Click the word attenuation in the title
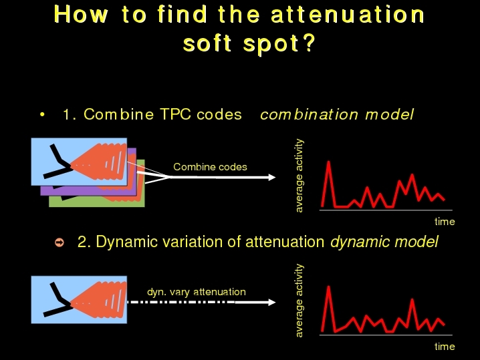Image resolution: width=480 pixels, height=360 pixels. pos(348,15)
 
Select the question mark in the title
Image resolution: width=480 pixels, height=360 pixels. pos(310,43)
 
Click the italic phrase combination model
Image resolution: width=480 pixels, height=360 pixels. pos(337,115)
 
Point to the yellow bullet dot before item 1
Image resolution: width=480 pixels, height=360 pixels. pos(42,115)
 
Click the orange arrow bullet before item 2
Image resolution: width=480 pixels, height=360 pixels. pos(59,242)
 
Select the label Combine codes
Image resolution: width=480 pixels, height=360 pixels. pos(210,167)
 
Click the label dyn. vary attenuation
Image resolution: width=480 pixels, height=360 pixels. pos(197,292)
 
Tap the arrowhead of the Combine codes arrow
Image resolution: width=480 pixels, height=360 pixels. pos(272,177)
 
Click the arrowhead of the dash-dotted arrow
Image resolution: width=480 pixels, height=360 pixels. pos(272,302)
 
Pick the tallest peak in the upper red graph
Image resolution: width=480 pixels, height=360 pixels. pos(329,162)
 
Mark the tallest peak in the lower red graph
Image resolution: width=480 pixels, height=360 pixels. pos(329,287)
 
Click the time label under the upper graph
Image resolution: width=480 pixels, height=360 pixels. pos(445,222)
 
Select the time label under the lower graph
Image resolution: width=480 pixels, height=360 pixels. pos(445,347)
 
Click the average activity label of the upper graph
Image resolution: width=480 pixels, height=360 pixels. pos(299,176)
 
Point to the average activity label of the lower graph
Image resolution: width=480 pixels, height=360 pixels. pos(299,301)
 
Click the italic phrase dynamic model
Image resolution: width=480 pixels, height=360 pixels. pos(384,242)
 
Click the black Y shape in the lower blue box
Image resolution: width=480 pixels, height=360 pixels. pos(59,299)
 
